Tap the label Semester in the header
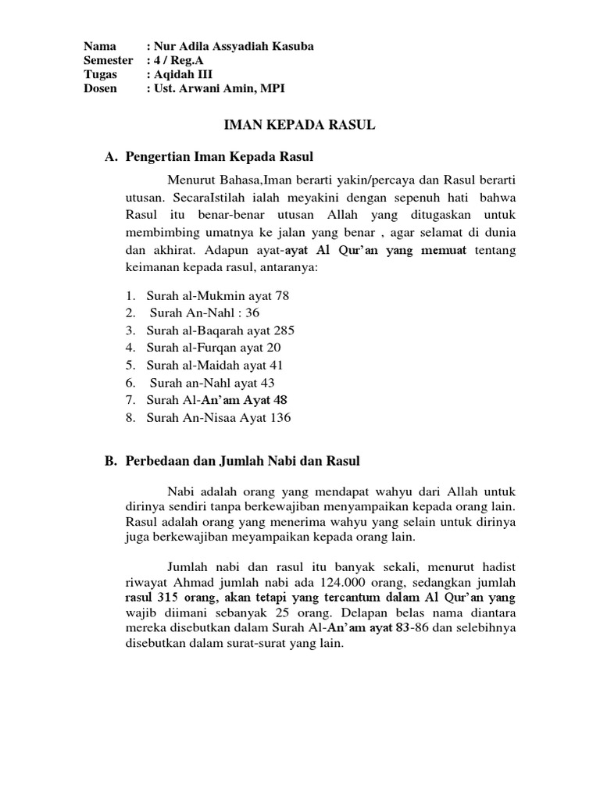[109, 60]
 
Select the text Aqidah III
[185, 74]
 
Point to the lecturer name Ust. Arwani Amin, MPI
[220, 88]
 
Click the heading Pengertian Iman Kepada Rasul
[219, 157]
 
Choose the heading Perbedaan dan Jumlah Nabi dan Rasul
[242, 461]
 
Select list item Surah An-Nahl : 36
[205, 312]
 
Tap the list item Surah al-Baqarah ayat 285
[220, 330]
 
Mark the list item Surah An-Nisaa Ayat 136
[219, 418]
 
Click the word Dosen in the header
[101, 88]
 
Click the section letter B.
[110, 461]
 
